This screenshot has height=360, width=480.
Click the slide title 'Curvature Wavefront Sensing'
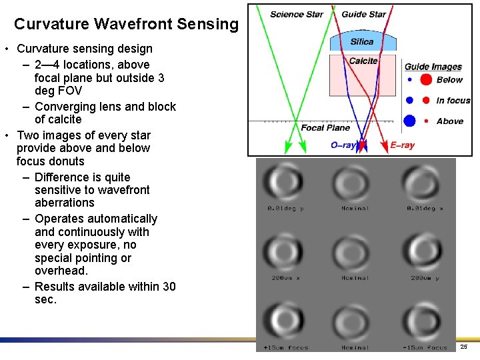coord(126,25)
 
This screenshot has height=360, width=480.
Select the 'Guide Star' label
coord(363,15)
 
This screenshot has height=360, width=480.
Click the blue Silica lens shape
coord(363,42)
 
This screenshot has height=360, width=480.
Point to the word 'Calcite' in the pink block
coord(363,61)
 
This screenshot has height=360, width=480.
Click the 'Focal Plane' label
coord(325,127)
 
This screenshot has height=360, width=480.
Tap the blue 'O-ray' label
coord(343,145)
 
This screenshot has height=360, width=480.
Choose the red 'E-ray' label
coord(402,145)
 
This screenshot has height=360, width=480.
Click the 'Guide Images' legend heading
coord(433,67)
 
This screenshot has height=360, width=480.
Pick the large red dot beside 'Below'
coord(426,80)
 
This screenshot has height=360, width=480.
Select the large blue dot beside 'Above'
coord(410,121)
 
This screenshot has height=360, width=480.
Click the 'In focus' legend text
coord(453,101)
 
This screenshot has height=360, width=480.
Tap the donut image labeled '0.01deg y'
coord(285,181)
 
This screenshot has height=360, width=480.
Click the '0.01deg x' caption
coord(425,209)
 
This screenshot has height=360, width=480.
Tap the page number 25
coord(464,347)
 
